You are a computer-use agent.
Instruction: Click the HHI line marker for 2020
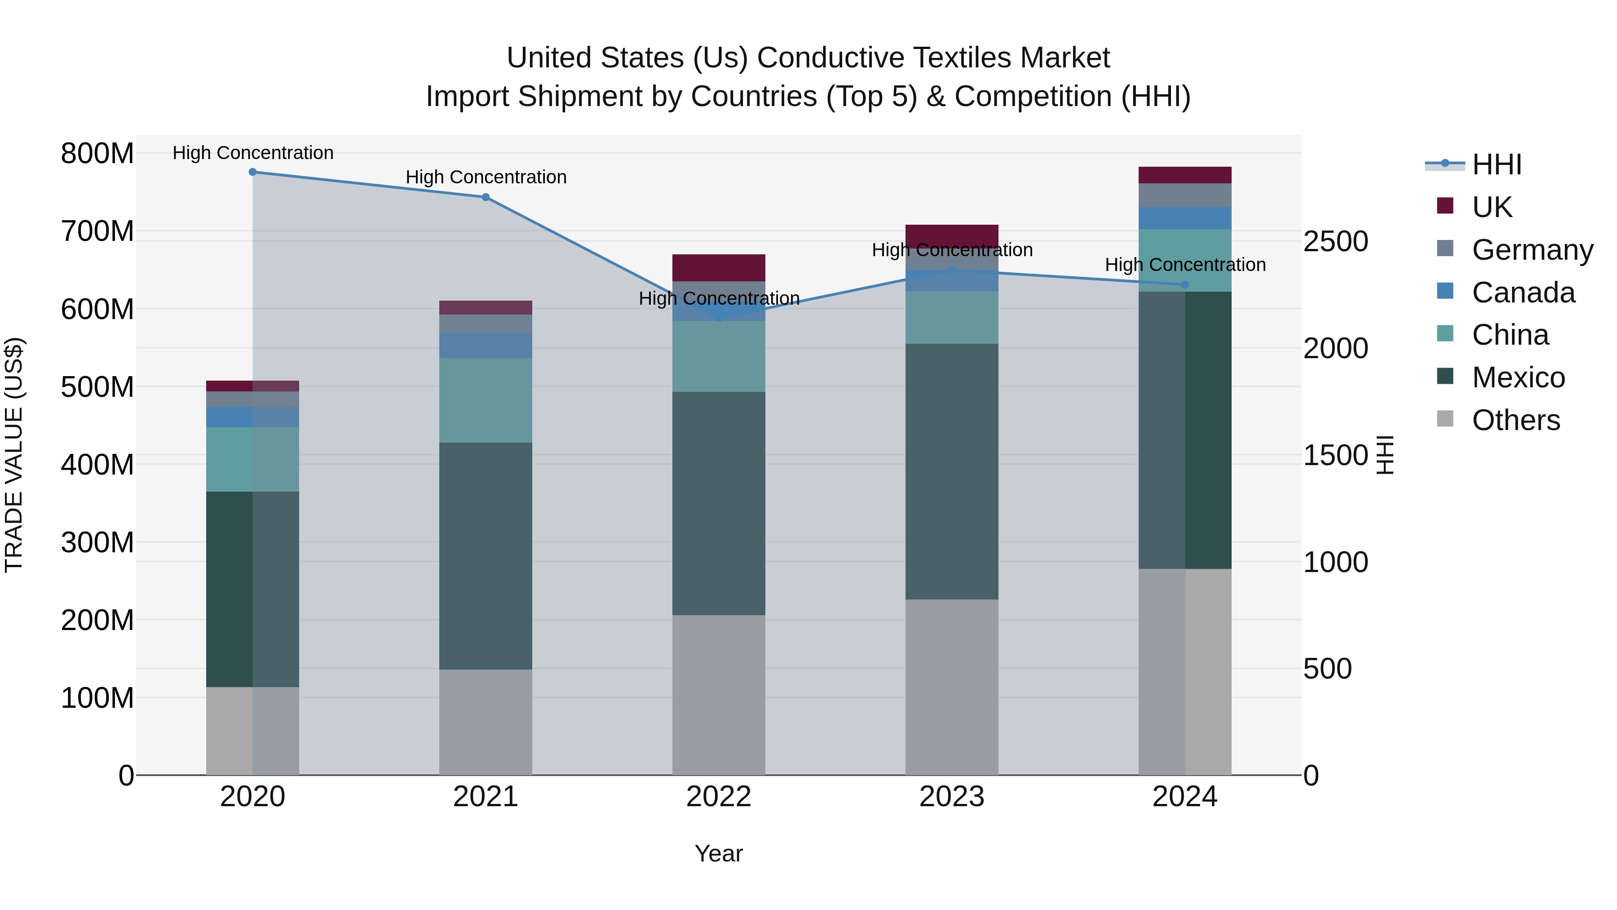pyautogui.click(x=252, y=172)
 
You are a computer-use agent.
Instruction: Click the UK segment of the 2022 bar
pyautogui.click(x=718, y=267)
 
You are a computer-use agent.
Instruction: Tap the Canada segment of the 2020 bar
pyautogui.click(x=252, y=417)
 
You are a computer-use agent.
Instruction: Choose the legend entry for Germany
pyautogui.click(x=1532, y=250)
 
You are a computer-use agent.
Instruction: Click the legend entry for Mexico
pyautogui.click(x=1518, y=377)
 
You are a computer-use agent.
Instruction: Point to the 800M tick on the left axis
pyautogui.click(x=97, y=153)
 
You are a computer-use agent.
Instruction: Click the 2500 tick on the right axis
pyautogui.click(x=1336, y=242)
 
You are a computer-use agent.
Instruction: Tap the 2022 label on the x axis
pyautogui.click(x=718, y=797)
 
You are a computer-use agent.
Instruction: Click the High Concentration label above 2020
pyautogui.click(x=252, y=153)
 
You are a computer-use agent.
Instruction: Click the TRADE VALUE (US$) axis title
pyautogui.click(x=14, y=455)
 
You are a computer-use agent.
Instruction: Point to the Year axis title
pyautogui.click(x=718, y=853)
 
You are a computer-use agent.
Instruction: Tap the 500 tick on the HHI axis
pyautogui.click(x=1327, y=669)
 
